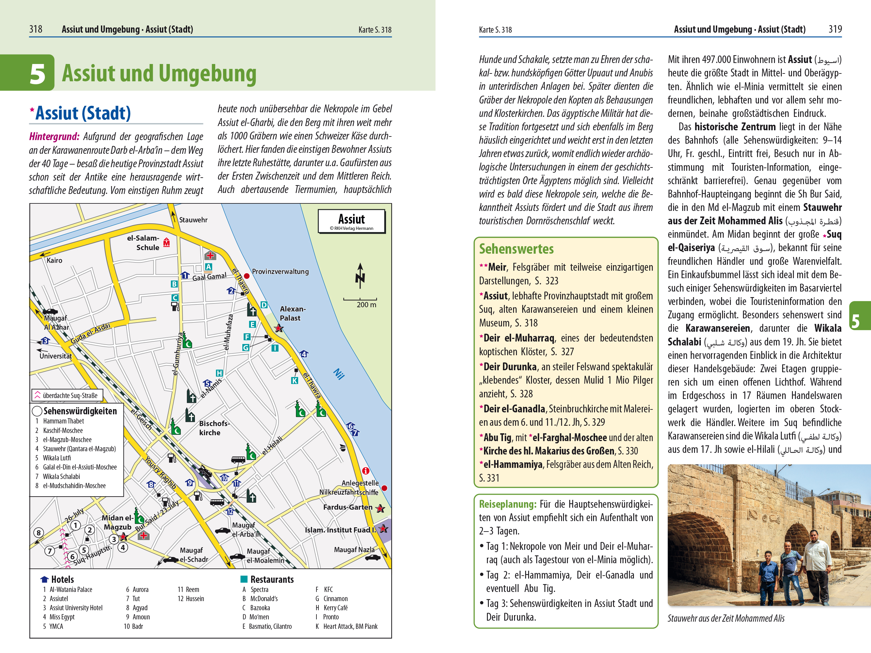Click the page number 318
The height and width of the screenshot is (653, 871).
coord(36,29)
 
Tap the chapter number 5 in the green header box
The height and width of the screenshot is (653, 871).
coord(38,73)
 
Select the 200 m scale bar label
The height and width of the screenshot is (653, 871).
coord(366,305)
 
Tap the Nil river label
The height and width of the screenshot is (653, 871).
coord(339,374)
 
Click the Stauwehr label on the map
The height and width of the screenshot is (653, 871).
coord(193,220)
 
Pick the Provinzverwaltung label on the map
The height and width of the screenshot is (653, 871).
coord(280,272)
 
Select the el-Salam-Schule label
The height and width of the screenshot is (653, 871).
coord(143,243)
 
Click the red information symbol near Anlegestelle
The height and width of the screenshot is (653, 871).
coord(365,471)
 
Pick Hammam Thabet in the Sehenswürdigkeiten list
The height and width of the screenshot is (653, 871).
coord(63,421)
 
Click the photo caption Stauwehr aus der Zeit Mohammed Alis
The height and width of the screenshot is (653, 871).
coord(725,618)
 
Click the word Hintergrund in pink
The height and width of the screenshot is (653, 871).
coord(54,136)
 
